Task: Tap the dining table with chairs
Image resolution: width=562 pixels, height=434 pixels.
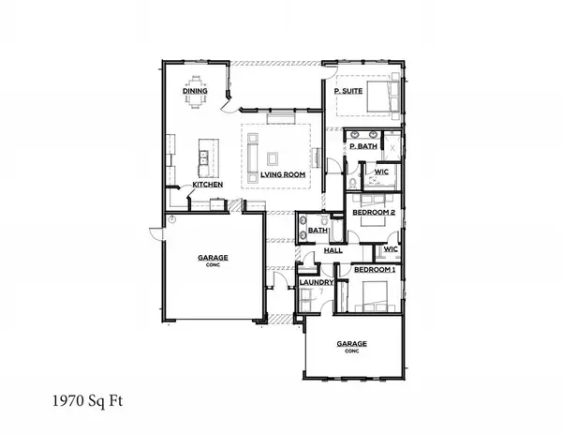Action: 197,94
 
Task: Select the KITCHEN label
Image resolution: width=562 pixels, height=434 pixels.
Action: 207,185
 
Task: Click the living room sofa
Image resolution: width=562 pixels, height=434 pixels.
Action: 252,157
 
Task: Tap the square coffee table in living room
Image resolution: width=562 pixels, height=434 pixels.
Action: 274,157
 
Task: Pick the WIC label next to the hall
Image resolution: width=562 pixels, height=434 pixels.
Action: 391,249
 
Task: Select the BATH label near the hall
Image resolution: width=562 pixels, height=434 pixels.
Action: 317,230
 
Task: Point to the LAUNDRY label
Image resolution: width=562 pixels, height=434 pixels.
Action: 317,280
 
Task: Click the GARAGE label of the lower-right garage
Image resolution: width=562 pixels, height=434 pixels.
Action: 352,344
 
